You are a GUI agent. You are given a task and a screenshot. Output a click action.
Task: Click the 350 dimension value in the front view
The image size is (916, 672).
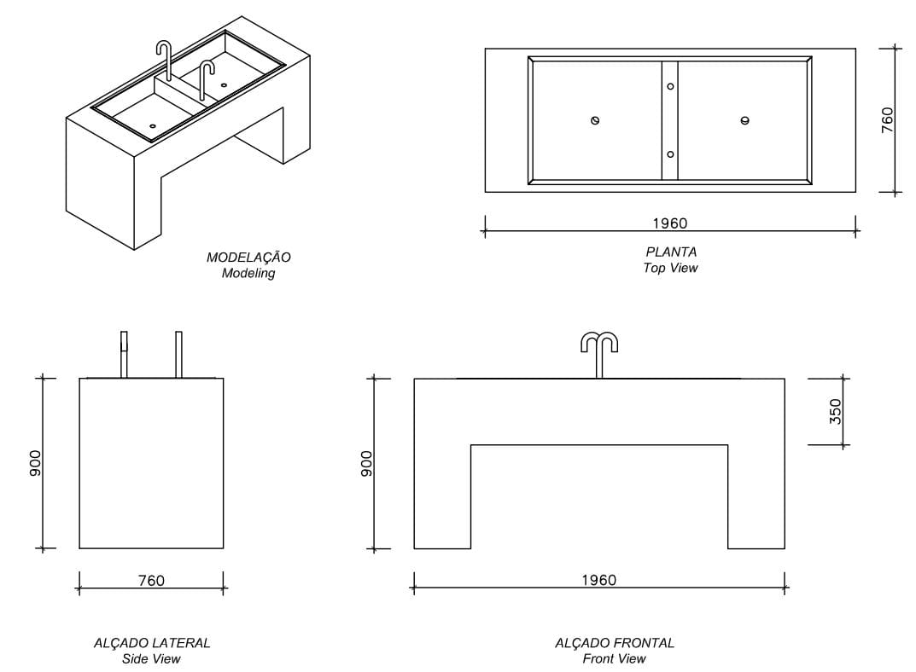[x=836, y=411]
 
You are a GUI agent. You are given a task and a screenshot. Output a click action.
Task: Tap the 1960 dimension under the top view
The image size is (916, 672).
[x=670, y=223]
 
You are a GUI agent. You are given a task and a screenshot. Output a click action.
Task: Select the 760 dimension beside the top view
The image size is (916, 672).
[x=887, y=119]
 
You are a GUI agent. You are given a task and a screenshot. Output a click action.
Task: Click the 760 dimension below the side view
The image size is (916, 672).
[x=151, y=581]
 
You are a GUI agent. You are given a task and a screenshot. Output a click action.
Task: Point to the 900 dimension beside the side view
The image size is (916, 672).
[x=35, y=463]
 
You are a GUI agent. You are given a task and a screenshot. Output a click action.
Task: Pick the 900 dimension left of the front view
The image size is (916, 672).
[x=366, y=463]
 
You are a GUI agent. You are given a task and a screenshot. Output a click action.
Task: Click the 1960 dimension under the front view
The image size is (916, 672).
[x=598, y=580]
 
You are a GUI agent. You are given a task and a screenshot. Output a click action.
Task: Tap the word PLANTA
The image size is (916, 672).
[x=671, y=252]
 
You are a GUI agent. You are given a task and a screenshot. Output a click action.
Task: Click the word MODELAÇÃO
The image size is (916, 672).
[x=248, y=257]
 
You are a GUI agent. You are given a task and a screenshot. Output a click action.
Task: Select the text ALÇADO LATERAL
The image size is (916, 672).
[x=152, y=643]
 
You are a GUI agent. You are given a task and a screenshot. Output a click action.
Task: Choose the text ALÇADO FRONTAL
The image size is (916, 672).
[x=615, y=643]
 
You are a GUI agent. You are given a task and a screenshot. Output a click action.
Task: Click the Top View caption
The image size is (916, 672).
[x=671, y=269]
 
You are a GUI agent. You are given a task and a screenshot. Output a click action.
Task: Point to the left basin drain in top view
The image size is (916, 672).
[x=595, y=120]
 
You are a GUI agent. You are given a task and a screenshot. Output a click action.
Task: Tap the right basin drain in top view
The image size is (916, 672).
[x=745, y=120]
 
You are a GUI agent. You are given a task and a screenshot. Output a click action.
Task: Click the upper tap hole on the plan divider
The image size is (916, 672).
[x=670, y=86]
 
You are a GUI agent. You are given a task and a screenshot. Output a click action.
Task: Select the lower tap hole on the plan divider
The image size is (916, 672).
[x=670, y=154]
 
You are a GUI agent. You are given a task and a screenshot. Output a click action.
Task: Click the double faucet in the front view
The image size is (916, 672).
[x=599, y=350]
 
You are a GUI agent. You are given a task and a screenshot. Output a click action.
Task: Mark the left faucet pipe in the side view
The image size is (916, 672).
[x=124, y=353]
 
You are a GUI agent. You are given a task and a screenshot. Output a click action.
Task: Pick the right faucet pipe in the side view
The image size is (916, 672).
[x=179, y=353]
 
